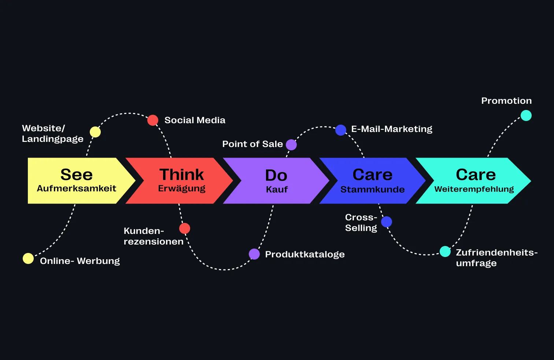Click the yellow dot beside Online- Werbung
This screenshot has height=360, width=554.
click(28, 258)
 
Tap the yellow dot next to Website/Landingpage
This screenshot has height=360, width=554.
click(95, 132)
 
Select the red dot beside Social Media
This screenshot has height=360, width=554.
click(153, 120)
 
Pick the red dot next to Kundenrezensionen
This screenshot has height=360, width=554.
click(185, 228)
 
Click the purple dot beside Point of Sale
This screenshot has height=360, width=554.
click(291, 145)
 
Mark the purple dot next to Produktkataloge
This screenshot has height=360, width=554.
click(254, 254)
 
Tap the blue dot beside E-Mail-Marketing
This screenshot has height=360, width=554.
click(341, 130)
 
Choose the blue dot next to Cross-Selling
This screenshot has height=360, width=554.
click(387, 222)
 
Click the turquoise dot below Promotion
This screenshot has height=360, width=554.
click(526, 115)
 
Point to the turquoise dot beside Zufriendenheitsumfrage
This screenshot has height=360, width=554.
click(445, 251)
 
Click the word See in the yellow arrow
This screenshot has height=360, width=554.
click(77, 175)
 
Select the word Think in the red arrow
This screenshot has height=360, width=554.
click(181, 175)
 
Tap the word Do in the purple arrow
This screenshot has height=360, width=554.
click(276, 176)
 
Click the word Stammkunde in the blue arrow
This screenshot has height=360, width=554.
click(372, 190)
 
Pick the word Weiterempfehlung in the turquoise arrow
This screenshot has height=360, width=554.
click(474, 189)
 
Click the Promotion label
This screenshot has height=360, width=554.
click(506, 101)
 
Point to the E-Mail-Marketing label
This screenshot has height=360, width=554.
click(392, 129)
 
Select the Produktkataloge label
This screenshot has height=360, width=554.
click(305, 254)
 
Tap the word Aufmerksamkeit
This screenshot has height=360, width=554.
click(77, 188)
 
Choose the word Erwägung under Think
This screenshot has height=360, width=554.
click(182, 189)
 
